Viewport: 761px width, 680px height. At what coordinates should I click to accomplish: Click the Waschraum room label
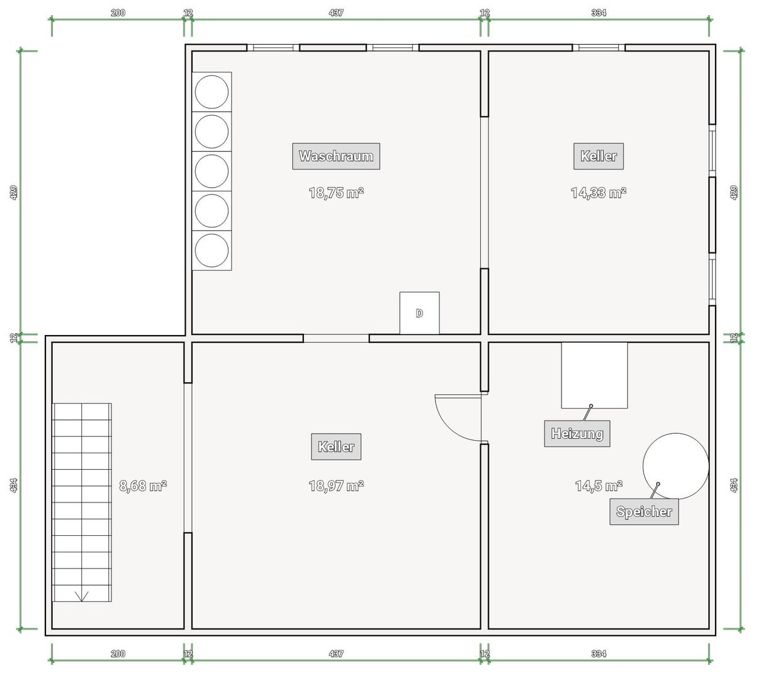[x=335, y=156]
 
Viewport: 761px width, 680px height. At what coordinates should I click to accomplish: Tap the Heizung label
[x=577, y=434]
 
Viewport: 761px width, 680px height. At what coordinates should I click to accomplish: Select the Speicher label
[x=644, y=511]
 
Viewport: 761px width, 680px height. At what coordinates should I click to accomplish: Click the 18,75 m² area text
[x=335, y=193]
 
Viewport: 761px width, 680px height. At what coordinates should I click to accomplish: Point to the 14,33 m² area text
[x=599, y=193]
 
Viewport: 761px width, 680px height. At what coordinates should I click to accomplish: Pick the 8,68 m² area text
[x=143, y=486]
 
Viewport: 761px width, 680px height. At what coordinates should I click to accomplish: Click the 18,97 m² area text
[x=335, y=486]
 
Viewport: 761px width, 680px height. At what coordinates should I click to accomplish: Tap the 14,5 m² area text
[x=599, y=486]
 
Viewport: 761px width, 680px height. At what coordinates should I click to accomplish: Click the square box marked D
[x=420, y=313]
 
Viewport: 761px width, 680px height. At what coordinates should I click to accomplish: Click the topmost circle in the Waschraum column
[x=212, y=92]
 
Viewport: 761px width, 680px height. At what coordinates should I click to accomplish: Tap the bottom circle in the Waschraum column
[x=212, y=250]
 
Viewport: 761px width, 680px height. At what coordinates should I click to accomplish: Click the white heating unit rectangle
[x=594, y=375]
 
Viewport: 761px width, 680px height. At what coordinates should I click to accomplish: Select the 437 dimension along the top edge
[x=335, y=13]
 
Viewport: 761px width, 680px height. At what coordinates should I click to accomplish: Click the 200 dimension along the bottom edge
[x=118, y=654]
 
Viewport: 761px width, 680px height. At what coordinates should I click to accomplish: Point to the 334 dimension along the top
[x=599, y=13]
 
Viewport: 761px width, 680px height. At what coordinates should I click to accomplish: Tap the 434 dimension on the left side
[x=13, y=485]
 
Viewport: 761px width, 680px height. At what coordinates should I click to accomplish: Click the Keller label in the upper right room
[x=599, y=156]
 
